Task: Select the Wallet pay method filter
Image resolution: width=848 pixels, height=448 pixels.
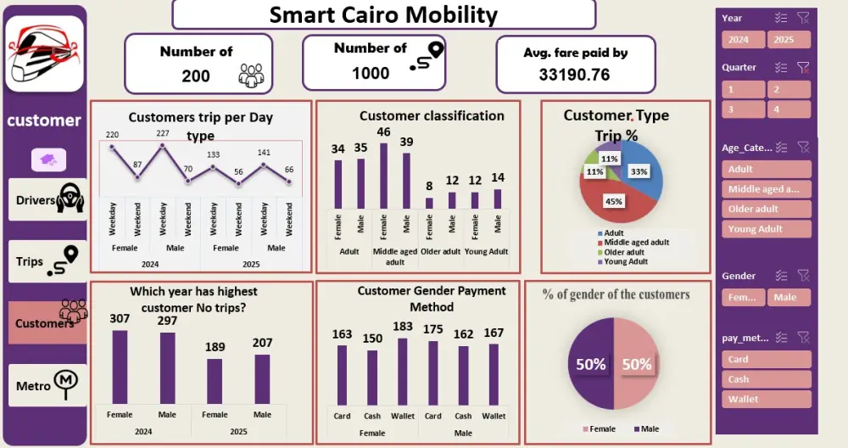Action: pos(767,399)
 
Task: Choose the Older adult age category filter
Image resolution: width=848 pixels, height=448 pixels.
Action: pos(767,209)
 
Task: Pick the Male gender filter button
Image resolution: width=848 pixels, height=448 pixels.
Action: pos(789,297)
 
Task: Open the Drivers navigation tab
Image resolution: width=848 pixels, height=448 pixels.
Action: pos(47,200)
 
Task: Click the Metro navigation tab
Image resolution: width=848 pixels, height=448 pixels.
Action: pos(47,386)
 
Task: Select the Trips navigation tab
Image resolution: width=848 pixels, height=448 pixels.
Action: pos(47,261)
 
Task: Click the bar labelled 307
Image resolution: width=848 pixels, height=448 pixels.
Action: pos(120,367)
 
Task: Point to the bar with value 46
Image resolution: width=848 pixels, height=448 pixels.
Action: pos(383,175)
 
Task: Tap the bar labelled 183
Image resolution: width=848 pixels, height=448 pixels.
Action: pos(402,372)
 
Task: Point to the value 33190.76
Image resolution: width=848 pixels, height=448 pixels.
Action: pos(574,75)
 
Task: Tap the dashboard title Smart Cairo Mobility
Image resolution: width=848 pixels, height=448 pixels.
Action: pos(383,14)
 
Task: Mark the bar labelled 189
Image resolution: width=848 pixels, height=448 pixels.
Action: pos(215,381)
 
